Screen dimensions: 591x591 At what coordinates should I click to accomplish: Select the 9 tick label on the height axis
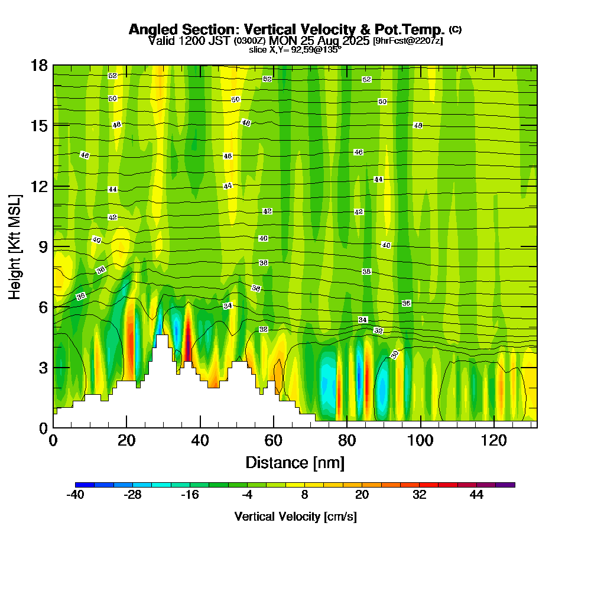click(x=43, y=246)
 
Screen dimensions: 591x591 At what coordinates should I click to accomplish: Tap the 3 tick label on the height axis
click(x=43, y=367)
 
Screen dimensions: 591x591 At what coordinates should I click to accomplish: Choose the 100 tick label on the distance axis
click(x=420, y=441)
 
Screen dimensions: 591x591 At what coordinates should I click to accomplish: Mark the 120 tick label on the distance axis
click(x=493, y=441)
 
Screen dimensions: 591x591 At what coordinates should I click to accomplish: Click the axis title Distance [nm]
click(x=295, y=462)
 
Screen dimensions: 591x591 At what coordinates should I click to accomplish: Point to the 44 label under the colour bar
click(x=476, y=495)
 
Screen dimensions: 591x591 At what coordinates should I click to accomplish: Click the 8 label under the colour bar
click(x=304, y=495)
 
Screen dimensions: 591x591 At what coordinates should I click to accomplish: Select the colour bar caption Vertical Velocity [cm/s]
click(x=295, y=517)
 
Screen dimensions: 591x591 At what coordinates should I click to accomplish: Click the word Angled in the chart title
click(x=150, y=30)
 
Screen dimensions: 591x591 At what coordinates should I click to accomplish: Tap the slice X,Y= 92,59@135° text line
click(x=295, y=50)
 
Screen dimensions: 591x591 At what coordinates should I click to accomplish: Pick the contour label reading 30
click(x=394, y=354)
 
